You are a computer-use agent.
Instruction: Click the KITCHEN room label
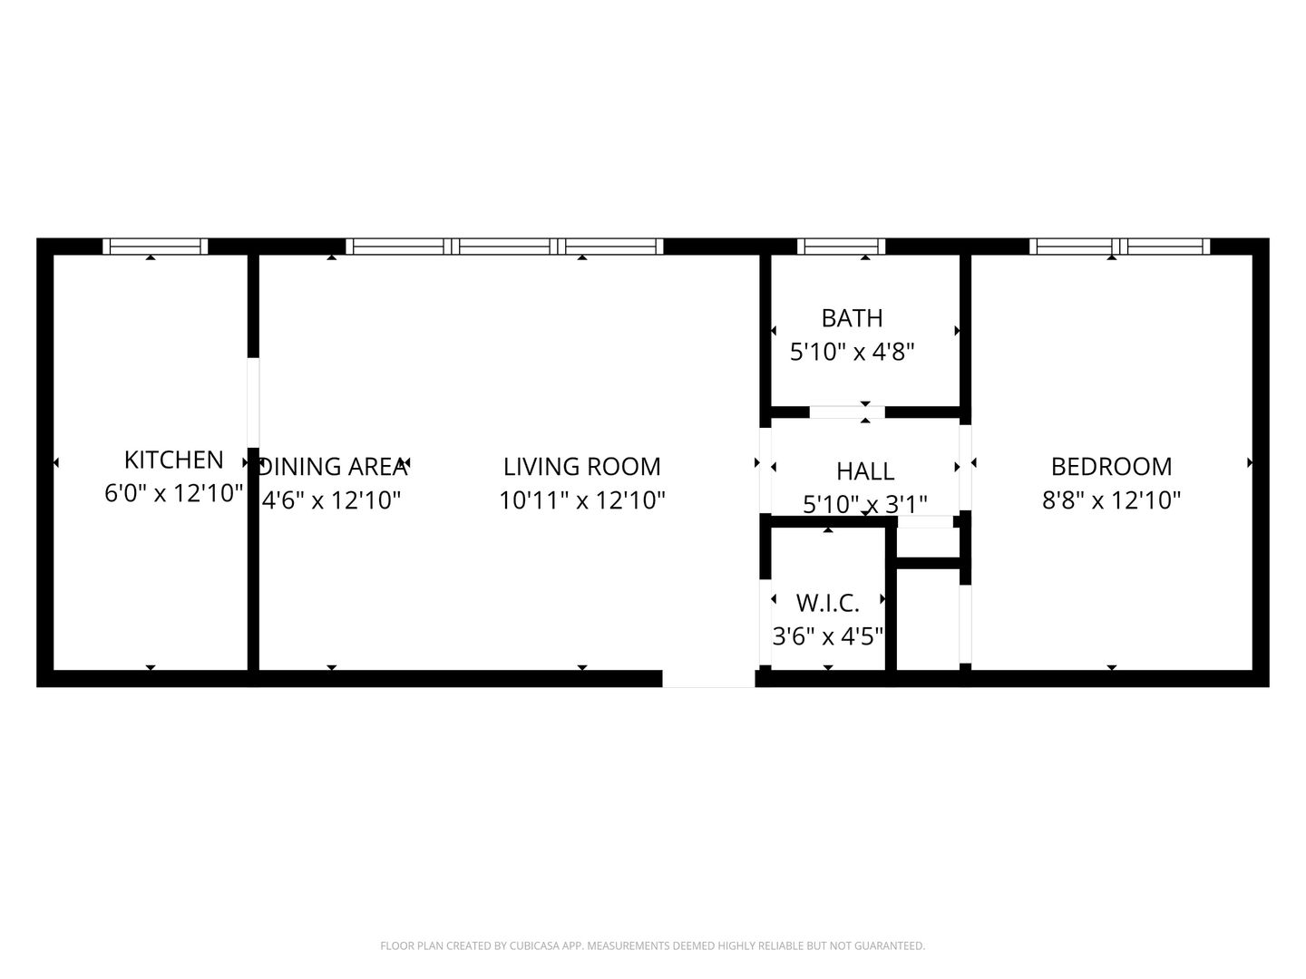pyautogui.click(x=174, y=460)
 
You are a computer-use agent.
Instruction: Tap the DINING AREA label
pyautogui.click(x=334, y=467)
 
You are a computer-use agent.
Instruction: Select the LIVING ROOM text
pyautogui.click(x=582, y=467)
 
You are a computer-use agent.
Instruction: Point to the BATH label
pyautogui.click(x=852, y=318)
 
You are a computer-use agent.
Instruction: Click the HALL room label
pyautogui.click(x=865, y=471)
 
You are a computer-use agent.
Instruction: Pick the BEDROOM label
pyautogui.click(x=1111, y=467)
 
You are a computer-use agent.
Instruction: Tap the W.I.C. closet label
pyautogui.click(x=828, y=604)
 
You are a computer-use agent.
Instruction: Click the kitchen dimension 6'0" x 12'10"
pyautogui.click(x=174, y=493)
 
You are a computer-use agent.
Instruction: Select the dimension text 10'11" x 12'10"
pyautogui.click(x=582, y=499)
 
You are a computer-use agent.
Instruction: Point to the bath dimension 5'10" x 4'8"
pyautogui.click(x=852, y=352)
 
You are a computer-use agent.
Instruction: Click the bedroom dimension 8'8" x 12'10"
pyautogui.click(x=1111, y=499)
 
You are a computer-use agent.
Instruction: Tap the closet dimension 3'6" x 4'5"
pyautogui.click(x=828, y=636)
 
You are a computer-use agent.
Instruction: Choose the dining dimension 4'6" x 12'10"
pyautogui.click(x=331, y=499)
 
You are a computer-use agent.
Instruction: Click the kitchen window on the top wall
pyautogui.click(x=155, y=246)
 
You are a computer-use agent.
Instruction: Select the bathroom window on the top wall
pyautogui.click(x=841, y=246)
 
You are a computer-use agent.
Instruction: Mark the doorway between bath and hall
pyautogui.click(x=847, y=412)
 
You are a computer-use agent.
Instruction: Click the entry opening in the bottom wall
pyautogui.click(x=708, y=678)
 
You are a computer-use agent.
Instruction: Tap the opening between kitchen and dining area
pyautogui.click(x=253, y=402)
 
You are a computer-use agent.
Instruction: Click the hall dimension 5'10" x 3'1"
pyautogui.click(x=865, y=505)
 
